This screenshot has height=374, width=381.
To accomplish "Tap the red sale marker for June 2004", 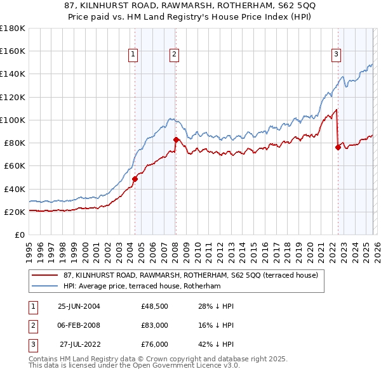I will (135, 179).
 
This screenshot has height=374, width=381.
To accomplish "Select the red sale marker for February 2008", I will (175, 139).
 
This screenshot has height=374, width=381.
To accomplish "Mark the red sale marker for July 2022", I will (338, 147).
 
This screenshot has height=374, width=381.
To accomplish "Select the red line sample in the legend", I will (45, 276).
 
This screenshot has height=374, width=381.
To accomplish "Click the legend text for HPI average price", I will (141, 287).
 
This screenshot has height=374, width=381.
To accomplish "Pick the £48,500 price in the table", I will (154, 306).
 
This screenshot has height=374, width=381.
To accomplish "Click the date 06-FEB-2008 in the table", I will (79, 325).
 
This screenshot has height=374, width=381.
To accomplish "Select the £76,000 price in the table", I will (154, 344).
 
